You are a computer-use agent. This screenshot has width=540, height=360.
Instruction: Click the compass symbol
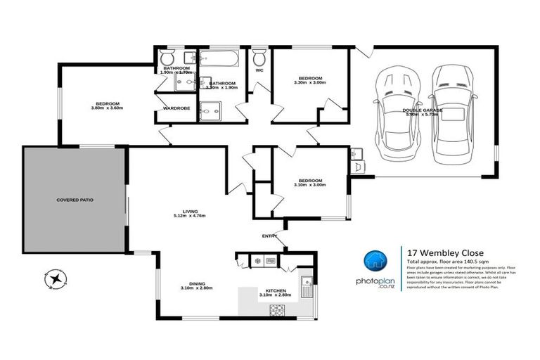coord(54,279)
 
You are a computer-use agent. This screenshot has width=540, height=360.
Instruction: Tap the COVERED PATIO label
coord(75,200)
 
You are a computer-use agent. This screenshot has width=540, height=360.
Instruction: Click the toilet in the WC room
coord(259,57)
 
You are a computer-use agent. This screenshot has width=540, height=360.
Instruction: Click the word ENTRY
coord(269,236)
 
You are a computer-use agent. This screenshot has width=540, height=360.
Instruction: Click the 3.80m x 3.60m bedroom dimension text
coord(107,108)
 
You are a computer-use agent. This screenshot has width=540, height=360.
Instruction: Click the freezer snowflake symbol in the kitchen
coord(257,261)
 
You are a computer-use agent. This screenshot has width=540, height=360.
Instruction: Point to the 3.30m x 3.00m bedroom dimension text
coord(310,83)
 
